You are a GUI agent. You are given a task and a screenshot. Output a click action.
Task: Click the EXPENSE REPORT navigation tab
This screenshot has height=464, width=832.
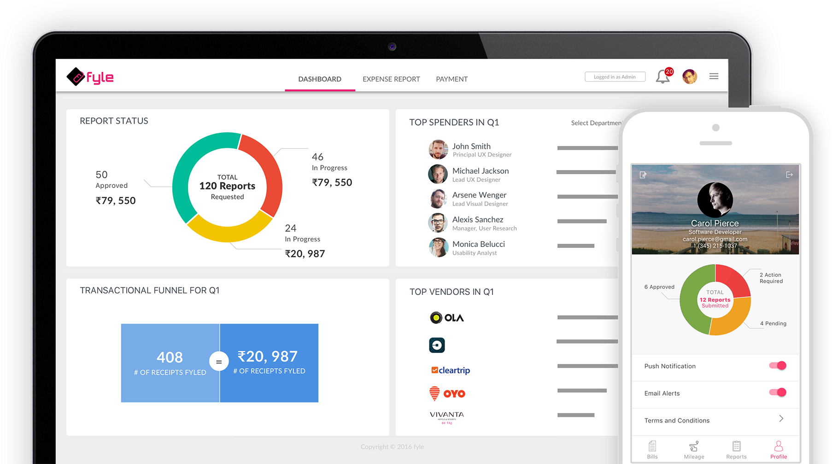[391, 79]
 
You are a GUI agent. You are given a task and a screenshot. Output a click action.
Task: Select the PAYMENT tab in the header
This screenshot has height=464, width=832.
[451, 79]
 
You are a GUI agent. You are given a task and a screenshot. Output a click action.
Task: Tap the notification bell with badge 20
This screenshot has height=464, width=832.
[663, 76]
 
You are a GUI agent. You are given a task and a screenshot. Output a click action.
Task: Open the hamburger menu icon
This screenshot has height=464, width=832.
[714, 76]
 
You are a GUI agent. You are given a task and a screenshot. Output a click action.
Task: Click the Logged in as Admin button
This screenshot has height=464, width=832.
[615, 76]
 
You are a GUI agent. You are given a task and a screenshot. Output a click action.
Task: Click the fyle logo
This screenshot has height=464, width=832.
[90, 77]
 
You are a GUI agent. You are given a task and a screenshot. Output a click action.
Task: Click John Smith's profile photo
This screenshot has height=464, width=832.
[438, 150]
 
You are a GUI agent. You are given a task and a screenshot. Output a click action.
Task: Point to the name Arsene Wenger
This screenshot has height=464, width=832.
[479, 195]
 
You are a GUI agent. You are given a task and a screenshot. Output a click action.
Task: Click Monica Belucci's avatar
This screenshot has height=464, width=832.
[438, 247]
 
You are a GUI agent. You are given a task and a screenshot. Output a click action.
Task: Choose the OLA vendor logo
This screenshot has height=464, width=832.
[446, 317]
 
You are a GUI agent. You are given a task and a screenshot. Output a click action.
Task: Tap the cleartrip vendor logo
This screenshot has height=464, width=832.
[451, 370]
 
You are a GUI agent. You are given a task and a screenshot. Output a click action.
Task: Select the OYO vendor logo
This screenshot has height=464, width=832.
[447, 394]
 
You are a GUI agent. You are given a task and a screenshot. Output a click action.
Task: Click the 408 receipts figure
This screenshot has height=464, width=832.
[170, 357]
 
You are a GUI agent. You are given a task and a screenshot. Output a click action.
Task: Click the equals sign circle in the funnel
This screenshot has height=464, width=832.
[219, 362]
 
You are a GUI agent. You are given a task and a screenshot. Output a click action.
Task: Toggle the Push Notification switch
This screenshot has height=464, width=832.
[778, 365]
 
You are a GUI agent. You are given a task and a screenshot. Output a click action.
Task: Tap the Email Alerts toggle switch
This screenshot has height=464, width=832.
[778, 393]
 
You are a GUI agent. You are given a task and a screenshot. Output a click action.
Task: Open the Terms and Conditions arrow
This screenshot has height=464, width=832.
[781, 418]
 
